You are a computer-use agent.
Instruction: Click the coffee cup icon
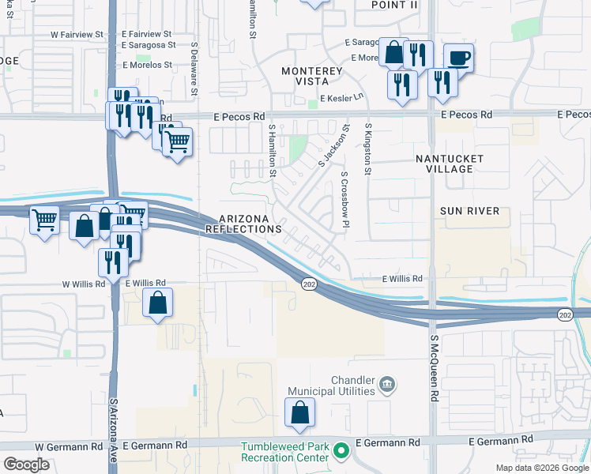[458, 57]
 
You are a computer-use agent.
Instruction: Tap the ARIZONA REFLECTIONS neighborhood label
[243, 224]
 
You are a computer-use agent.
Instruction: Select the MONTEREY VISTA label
[312, 77]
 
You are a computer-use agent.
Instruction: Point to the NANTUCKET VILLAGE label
[450, 164]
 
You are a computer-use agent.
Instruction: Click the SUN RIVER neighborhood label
[470, 211]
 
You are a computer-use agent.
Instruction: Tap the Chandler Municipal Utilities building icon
[387, 385]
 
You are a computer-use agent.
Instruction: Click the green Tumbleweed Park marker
[341, 452]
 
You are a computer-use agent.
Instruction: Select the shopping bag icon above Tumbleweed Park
[300, 412]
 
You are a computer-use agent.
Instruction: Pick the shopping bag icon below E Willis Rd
[158, 303]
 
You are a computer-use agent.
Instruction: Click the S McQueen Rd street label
[435, 368]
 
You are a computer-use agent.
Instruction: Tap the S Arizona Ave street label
[113, 430]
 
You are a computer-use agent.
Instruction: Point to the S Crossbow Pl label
[344, 201]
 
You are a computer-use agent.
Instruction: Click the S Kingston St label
[367, 149]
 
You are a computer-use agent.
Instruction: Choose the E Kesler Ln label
[341, 98]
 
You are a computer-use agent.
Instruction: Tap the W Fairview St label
[77, 35]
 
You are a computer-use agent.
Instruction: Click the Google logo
[26, 465]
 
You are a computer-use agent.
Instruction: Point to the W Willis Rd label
[83, 283]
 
